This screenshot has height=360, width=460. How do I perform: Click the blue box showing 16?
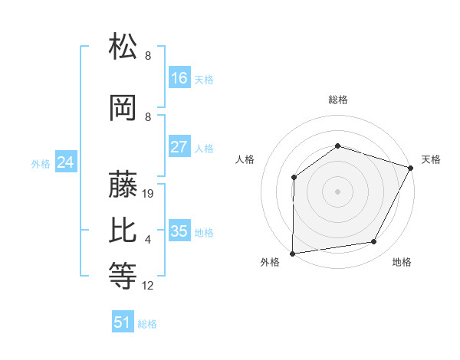click(179, 78)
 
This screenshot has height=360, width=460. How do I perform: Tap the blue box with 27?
click(179, 148)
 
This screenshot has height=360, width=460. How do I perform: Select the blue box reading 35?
click(179, 231)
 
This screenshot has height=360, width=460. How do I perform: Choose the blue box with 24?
click(66, 163)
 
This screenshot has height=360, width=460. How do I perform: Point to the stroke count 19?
click(149, 194)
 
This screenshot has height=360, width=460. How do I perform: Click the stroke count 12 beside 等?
click(148, 286)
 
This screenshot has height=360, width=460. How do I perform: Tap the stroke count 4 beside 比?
click(148, 241)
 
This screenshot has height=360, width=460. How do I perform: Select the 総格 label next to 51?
click(147, 324)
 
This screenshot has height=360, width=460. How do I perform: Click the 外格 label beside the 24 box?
click(41, 164)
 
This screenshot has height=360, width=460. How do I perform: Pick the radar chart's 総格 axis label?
click(337, 100)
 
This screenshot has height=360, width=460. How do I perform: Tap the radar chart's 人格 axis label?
click(245, 159)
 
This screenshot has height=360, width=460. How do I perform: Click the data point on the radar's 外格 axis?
click(293, 254)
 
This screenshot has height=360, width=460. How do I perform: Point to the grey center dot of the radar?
click(337, 191)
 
